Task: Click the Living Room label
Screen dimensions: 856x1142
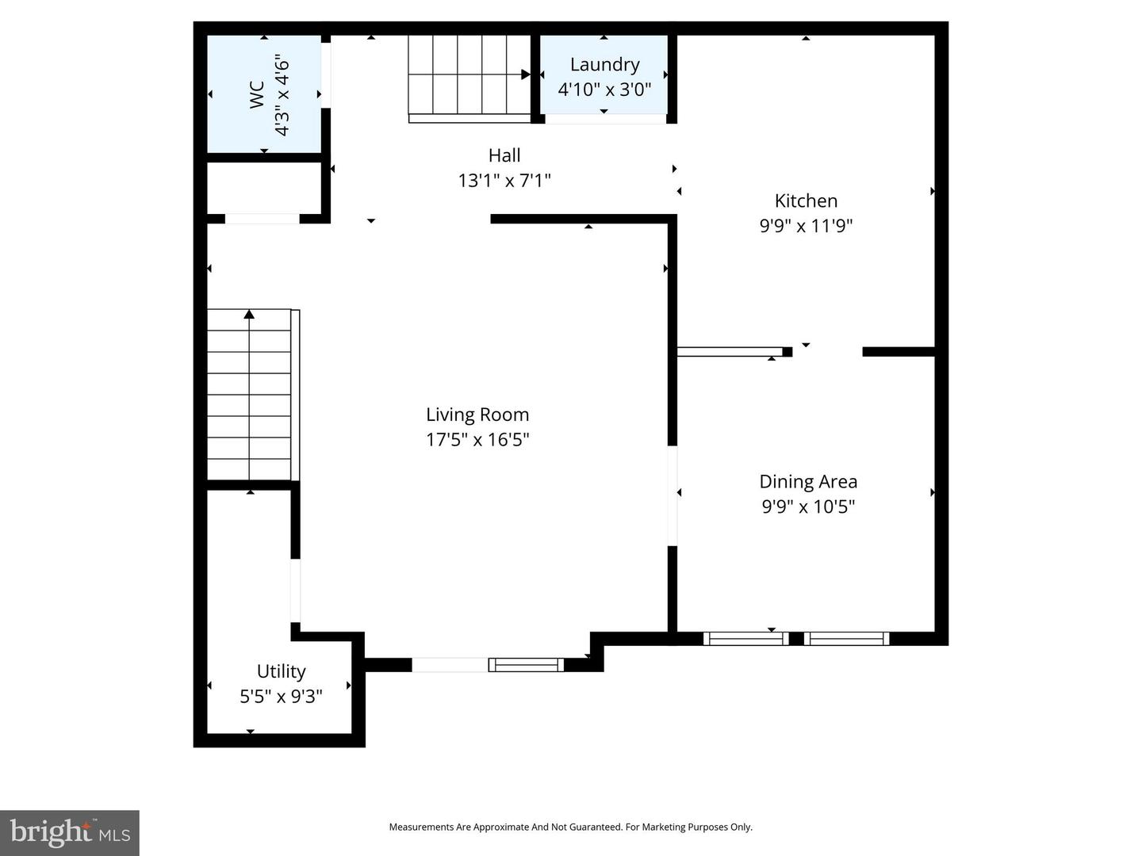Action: [x=477, y=415]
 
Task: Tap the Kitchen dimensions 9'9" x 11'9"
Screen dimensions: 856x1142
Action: [x=806, y=226]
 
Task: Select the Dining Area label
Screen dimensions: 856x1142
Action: [x=808, y=481]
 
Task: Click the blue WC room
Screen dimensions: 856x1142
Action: [x=264, y=94]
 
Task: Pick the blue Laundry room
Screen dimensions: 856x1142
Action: [x=604, y=75]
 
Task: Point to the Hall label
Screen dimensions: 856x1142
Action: [x=504, y=155]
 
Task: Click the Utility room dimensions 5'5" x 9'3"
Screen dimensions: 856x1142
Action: [x=281, y=697]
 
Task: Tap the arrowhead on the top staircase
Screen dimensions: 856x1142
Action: [x=526, y=75]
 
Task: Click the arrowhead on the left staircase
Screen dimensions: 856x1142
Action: [x=249, y=315]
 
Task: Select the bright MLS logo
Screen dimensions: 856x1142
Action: [x=70, y=832]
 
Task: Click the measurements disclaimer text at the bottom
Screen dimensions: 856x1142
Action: [x=570, y=827]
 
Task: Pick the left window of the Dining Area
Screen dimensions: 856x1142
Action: [x=745, y=638]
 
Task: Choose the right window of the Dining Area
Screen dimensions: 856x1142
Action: [x=846, y=638]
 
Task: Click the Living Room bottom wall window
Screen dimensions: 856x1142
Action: [x=525, y=665]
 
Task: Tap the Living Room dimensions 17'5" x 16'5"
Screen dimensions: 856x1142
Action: [x=477, y=440]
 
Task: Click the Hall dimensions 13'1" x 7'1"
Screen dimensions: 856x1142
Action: [x=504, y=181]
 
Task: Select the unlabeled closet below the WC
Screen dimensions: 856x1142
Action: [x=264, y=188]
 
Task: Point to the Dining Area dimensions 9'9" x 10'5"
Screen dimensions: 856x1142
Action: [x=808, y=506]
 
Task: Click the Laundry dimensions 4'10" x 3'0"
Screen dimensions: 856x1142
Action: [x=604, y=89]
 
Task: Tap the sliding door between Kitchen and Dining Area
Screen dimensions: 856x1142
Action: [x=730, y=352]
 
